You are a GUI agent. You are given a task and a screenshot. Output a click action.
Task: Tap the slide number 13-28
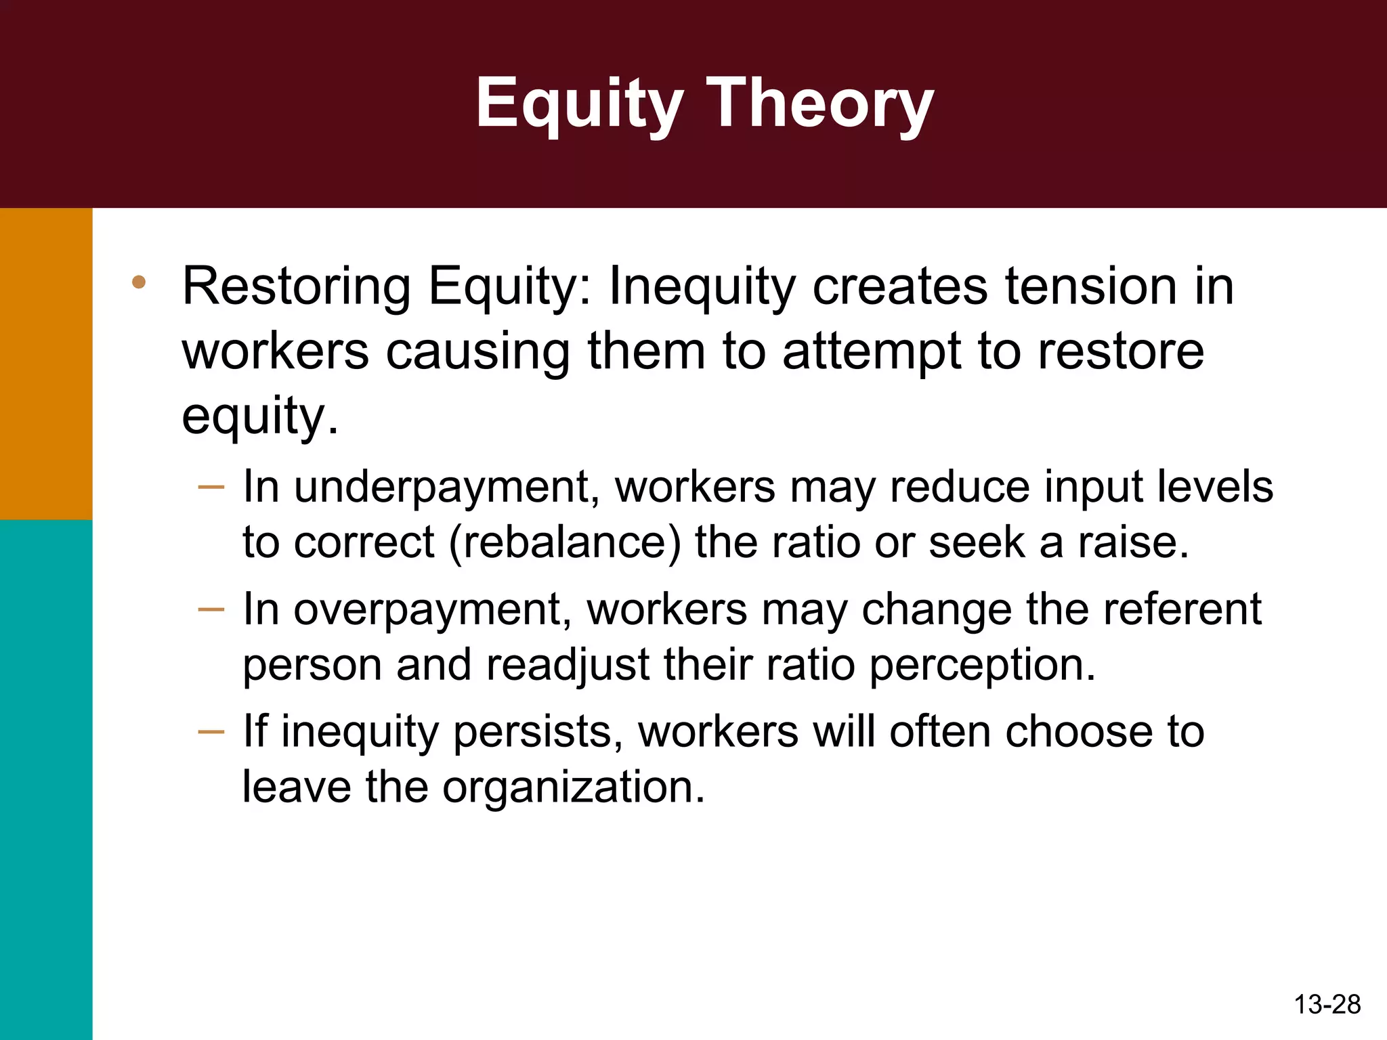tap(1327, 1004)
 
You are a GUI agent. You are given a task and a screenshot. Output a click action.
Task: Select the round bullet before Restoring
tap(139, 282)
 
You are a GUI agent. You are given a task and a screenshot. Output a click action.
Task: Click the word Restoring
tap(296, 287)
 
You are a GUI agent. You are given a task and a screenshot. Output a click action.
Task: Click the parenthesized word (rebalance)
tap(565, 542)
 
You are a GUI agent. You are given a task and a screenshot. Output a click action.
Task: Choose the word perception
tap(981, 666)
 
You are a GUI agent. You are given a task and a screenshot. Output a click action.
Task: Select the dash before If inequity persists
tap(211, 731)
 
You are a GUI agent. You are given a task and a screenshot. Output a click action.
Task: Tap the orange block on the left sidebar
tap(45, 363)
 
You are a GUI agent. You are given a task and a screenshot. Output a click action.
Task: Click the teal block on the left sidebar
tap(45, 779)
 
